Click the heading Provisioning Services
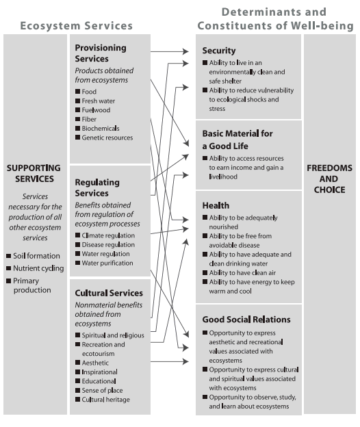101,53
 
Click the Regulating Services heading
97,188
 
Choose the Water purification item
107,263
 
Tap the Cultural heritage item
105,400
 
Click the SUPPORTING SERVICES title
33,173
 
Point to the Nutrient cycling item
38,268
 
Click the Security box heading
219,51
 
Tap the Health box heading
216,205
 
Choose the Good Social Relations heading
246,320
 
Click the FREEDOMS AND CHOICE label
329,179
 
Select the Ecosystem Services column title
76,26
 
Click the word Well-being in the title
323,26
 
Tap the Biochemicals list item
100,129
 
